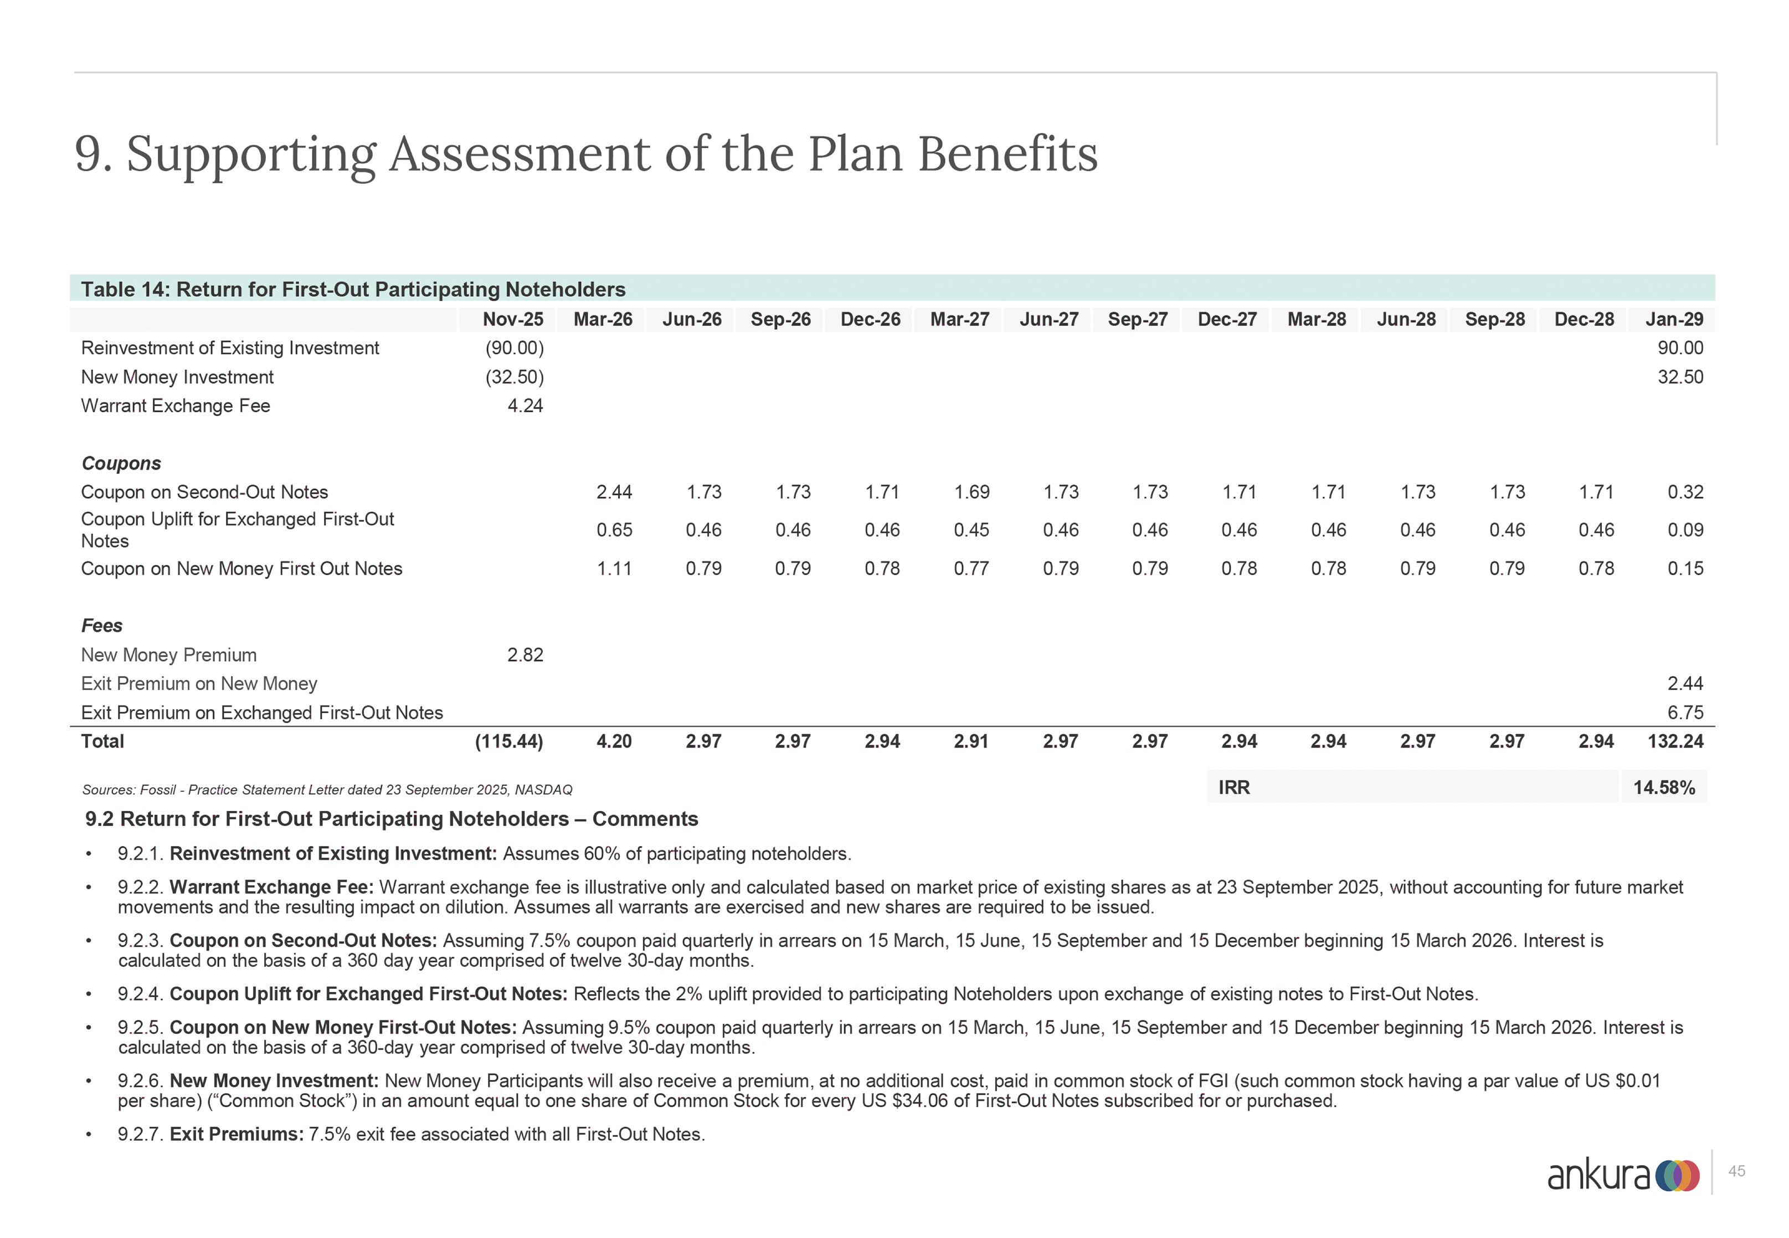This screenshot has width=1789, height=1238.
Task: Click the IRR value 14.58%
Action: pos(1663,787)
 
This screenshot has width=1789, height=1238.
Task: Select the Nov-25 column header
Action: pos(513,319)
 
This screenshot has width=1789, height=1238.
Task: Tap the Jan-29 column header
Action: pos(1674,319)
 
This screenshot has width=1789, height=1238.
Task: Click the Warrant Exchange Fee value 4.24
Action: pos(525,406)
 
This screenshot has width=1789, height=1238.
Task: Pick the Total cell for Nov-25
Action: pos(509,741)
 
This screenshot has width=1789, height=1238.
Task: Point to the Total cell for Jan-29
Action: pos(1675,741)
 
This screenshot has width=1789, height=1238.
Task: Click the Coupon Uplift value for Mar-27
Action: pos(971,530)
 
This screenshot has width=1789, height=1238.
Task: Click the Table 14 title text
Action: pos(353,290)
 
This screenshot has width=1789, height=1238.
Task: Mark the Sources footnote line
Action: pos(327,790)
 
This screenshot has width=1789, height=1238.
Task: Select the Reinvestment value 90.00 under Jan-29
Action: pos(1680,348)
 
